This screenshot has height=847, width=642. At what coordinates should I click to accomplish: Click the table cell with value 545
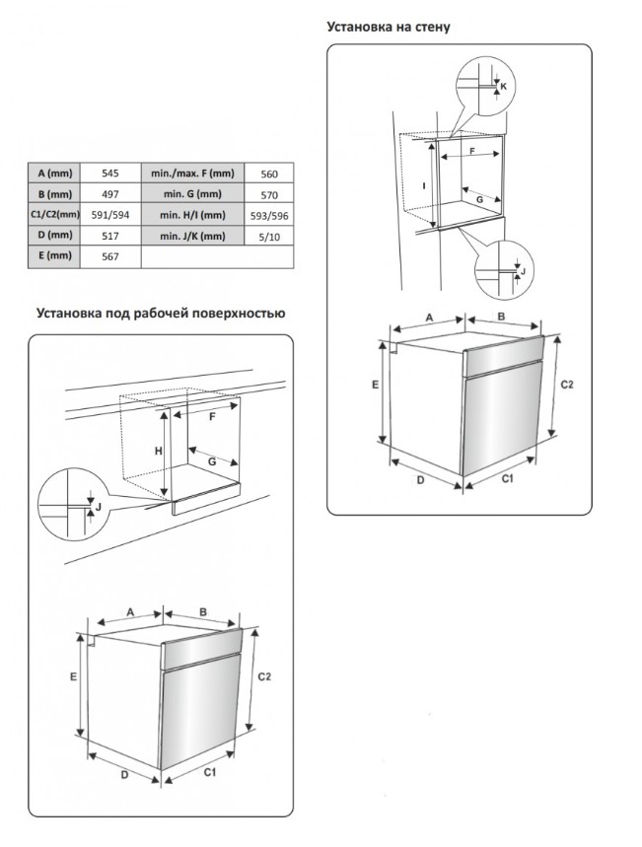coord(110,174)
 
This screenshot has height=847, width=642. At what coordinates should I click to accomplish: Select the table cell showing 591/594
coord(110,215)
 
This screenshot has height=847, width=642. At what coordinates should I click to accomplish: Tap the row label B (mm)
coord(49,194)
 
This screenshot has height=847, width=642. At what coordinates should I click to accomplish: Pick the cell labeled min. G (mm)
coord(191,194)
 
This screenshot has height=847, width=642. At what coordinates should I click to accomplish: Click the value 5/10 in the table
coord(268,236)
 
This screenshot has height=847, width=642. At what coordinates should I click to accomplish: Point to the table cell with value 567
coord(110,256)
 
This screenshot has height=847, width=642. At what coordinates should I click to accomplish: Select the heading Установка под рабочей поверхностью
coord(161,315)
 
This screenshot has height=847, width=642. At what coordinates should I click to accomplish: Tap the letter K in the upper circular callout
coord(504,87)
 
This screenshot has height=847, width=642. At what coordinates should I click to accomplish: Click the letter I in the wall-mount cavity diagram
coord(423,184)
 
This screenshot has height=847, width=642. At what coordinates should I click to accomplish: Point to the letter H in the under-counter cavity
coord(156,451)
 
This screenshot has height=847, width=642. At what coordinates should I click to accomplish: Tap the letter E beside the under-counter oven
coord(73,677)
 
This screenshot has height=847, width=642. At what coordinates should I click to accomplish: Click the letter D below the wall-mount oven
coord(419,480)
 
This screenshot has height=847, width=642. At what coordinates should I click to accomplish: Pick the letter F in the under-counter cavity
coord(211,416)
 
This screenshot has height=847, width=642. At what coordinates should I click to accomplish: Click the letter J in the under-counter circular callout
coord(97,506)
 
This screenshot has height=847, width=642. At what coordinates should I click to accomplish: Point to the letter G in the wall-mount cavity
coord(480,199)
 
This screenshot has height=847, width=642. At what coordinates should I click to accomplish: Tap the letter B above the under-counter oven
coord(201,612)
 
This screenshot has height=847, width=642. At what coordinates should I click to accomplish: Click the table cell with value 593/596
coord(268,215)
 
